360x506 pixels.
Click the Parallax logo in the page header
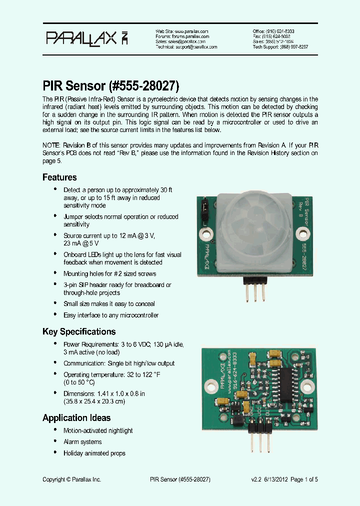click(87, 38)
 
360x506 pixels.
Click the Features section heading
click(59, 177)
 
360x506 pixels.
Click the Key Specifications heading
click(79, 331)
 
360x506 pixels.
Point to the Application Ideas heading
click(76, 418)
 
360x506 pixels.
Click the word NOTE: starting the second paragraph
click(52, 145)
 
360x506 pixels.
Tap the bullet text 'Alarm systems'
click(82, 442)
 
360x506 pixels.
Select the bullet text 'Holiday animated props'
click(94, 453)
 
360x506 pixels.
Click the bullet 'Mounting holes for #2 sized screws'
click(109, 273)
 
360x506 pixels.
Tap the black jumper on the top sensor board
click(204, 212)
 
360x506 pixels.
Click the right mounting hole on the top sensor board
click(302, 232)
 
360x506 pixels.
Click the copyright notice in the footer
click(71, 479)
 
